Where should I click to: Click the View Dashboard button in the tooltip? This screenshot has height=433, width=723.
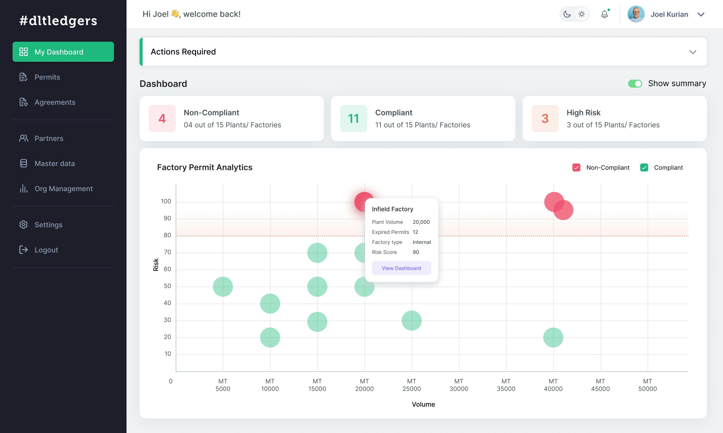coord(401,268)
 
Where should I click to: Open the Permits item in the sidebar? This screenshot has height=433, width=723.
coord(47,77)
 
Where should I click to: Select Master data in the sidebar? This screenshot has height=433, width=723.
coord(54,164)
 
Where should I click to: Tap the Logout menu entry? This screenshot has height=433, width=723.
coord(46,250)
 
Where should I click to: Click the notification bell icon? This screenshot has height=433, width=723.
coord(604,14)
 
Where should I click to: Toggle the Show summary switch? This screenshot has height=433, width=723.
coord(635,84)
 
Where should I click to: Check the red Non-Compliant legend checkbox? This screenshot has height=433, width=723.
coord(576,168)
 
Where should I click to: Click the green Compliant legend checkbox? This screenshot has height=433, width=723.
coord(644,168)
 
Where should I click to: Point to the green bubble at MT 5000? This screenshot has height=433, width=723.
coord(223,287)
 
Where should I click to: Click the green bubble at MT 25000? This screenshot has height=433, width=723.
coord(411,320)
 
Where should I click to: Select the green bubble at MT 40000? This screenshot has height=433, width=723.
coord(553,337)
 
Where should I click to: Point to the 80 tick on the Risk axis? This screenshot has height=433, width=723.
coord(167,235)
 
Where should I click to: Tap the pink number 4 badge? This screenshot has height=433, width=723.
coord(162,119)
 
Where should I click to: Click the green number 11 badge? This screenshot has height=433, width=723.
coord(353,119)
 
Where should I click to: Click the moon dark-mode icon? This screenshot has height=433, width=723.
coord(567,14)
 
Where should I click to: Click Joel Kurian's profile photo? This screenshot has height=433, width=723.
coord(636,14)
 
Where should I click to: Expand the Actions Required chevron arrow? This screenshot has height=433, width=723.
coord(693,52)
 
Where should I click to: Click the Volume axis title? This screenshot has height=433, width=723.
coord(423,404)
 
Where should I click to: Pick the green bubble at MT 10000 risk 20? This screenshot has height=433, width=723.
coord(270,337)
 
